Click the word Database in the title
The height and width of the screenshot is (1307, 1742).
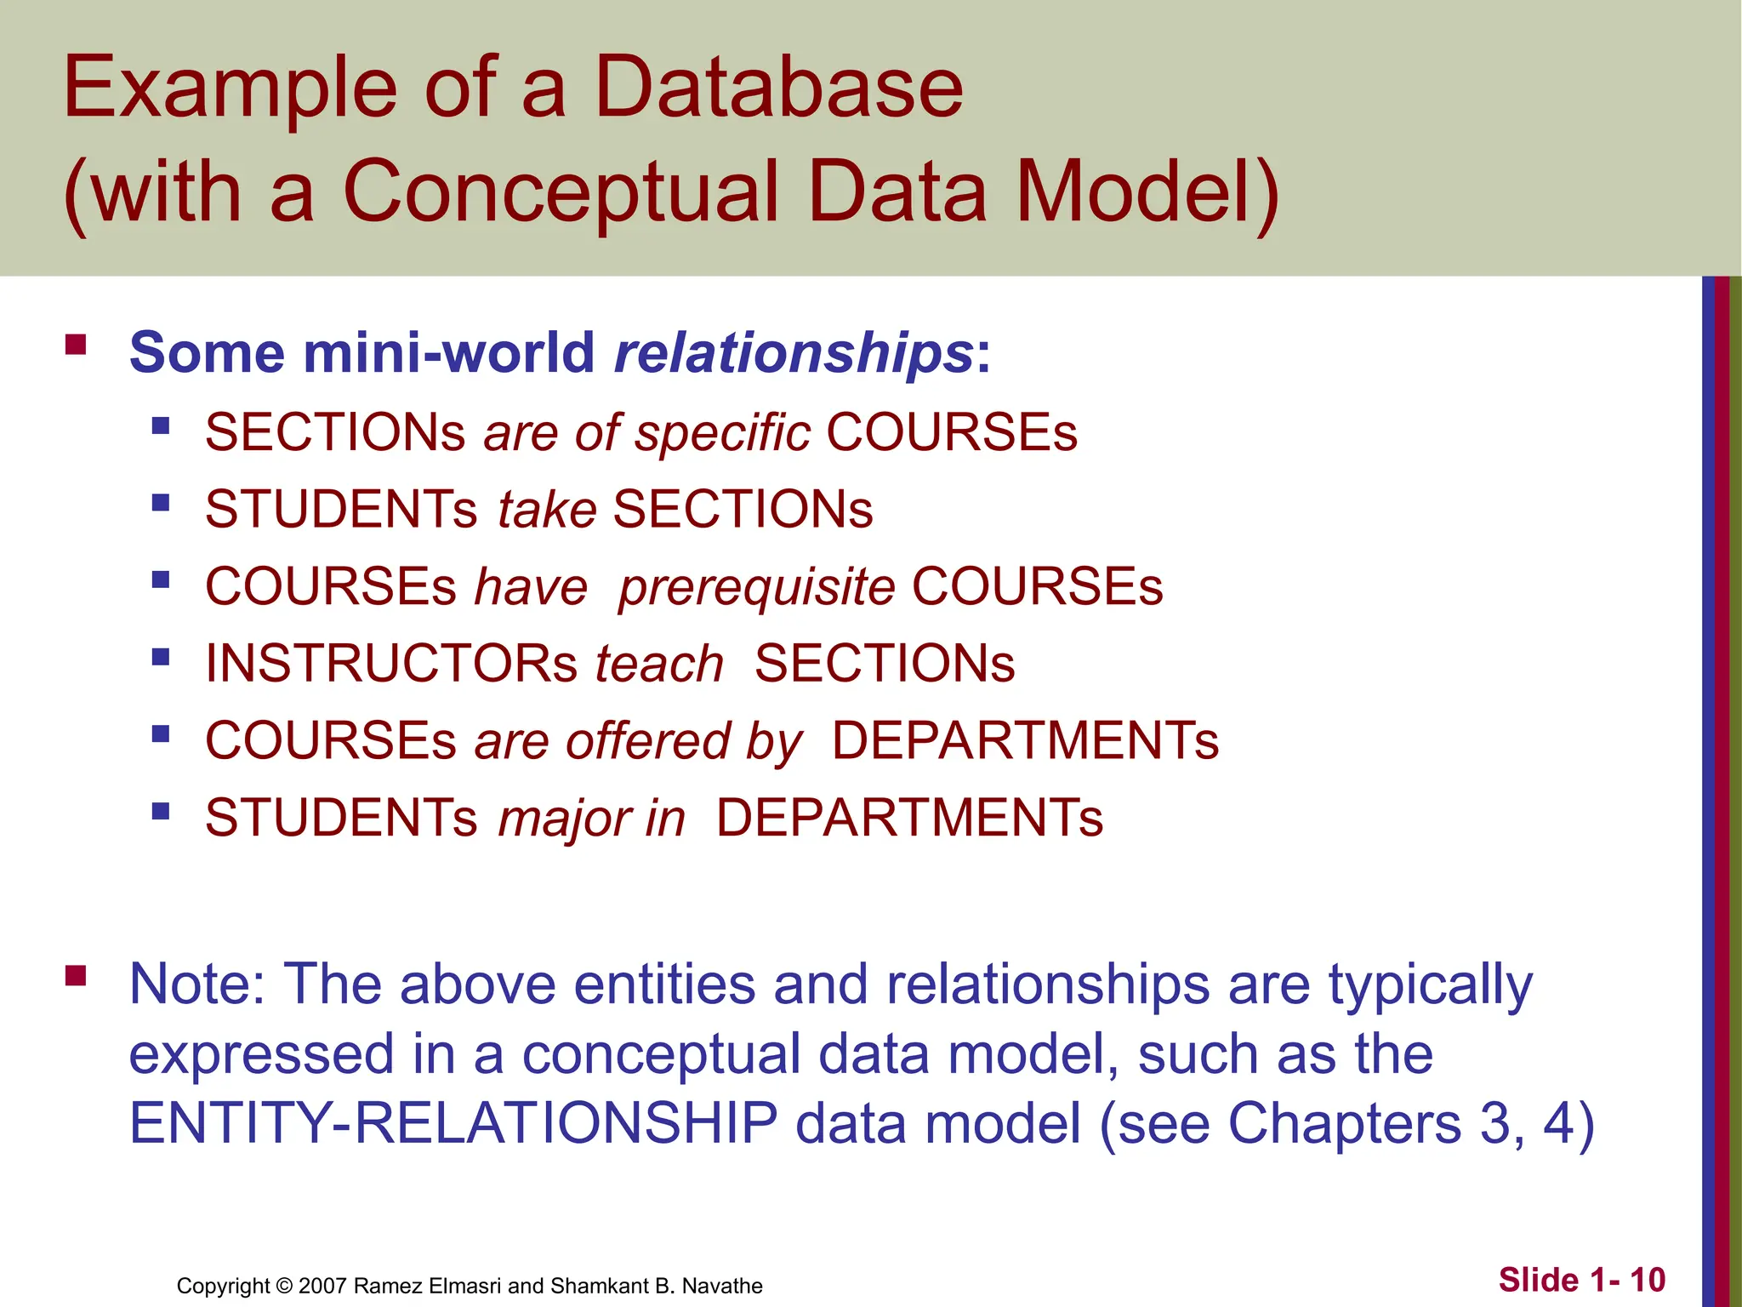[x=777, y=87]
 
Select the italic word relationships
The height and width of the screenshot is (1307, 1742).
[x=794, y=352]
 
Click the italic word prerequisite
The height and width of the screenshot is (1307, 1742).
[x=756, y=587]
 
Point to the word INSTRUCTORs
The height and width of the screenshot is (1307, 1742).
[x=391, y=664]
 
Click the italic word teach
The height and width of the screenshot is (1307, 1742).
[x=659, y=664]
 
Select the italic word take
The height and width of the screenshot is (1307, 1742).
[x=547, y=510]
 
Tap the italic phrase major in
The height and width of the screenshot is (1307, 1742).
[x=591, y=819]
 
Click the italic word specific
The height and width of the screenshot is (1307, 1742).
[x=722, y=432]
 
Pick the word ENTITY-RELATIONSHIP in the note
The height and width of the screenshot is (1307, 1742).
[x=453, y=1123]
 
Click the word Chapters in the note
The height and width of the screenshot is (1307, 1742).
[x=1344, y=1123]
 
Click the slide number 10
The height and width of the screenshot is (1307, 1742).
[x=1648, y=1280]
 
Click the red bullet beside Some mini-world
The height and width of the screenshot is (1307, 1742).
[x=76, y=345]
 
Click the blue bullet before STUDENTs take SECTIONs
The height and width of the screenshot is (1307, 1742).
[x=161, y=502]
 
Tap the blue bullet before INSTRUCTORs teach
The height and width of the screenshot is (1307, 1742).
[x=161, y=656]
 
